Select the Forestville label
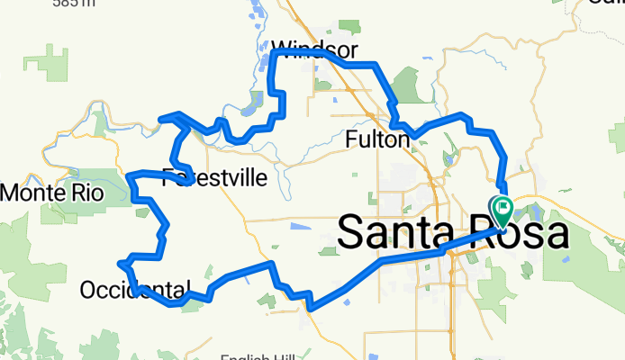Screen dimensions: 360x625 pos(214,177)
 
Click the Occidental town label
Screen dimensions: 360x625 pos(135,290)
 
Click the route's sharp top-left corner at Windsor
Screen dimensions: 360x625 pos(273,53)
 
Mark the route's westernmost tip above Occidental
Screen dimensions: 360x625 pos(120,263)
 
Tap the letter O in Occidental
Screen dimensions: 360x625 pos(88,290)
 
